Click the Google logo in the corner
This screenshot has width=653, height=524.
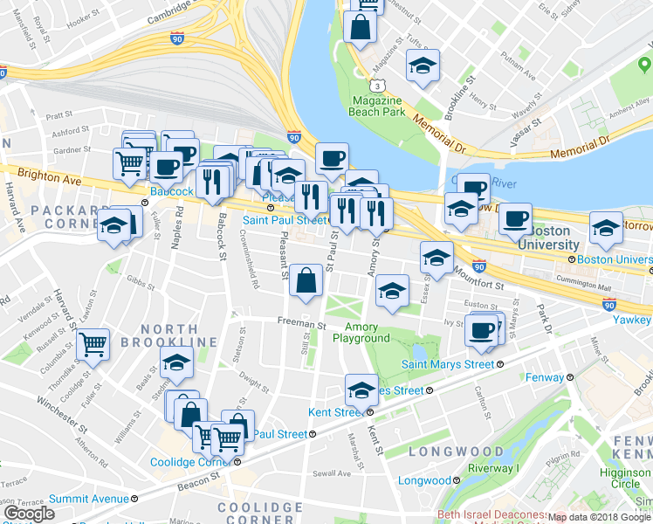(x=29, y=514)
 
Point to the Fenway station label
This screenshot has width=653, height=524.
(x=546, y=377)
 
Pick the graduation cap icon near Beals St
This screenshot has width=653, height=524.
(x=176, y=362)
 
